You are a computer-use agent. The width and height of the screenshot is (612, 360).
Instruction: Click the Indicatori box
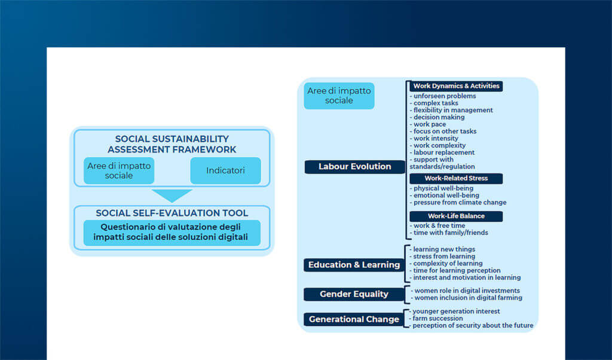[x=225, y=170]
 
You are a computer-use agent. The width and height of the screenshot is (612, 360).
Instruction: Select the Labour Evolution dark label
[x=355, y=167]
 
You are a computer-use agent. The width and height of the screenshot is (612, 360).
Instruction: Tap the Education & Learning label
[x=354, y=265]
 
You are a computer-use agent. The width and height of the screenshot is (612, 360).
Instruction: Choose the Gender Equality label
[x=354, y=294]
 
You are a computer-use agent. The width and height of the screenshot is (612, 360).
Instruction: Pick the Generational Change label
[x=354, y=319]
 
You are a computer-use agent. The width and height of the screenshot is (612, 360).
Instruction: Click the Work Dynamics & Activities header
[x=456, y=86]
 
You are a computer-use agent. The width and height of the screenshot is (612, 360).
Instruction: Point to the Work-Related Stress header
[x=456, y=178]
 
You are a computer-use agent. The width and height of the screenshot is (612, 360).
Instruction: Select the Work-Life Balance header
[x=456, y=216]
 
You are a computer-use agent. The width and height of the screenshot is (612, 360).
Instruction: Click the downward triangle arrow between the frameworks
[x=172, y=195]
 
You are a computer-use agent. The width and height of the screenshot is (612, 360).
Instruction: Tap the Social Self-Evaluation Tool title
[x=172, y=213]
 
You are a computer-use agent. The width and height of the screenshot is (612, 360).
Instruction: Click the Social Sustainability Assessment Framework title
[x=172, y=144]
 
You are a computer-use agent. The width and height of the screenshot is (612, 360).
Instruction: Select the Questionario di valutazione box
[x=172, y=233]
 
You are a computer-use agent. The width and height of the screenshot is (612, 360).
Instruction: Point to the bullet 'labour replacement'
[x=442, y=152]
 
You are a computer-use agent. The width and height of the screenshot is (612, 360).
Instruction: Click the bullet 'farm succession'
[x=436, y=319]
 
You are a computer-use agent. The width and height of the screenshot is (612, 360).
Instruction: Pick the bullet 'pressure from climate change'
[x=458, y=203]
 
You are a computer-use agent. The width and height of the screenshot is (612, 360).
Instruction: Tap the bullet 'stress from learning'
[x=442, y=257]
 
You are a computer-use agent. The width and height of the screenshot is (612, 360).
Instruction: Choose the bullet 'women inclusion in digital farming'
[x=466, y=298]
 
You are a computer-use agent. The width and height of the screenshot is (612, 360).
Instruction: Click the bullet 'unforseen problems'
[x=443, y=96]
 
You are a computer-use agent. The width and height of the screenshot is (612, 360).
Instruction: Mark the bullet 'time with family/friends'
[x=449, y=233]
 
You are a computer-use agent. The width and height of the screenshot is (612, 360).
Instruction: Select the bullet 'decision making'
[x=437, y=117]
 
